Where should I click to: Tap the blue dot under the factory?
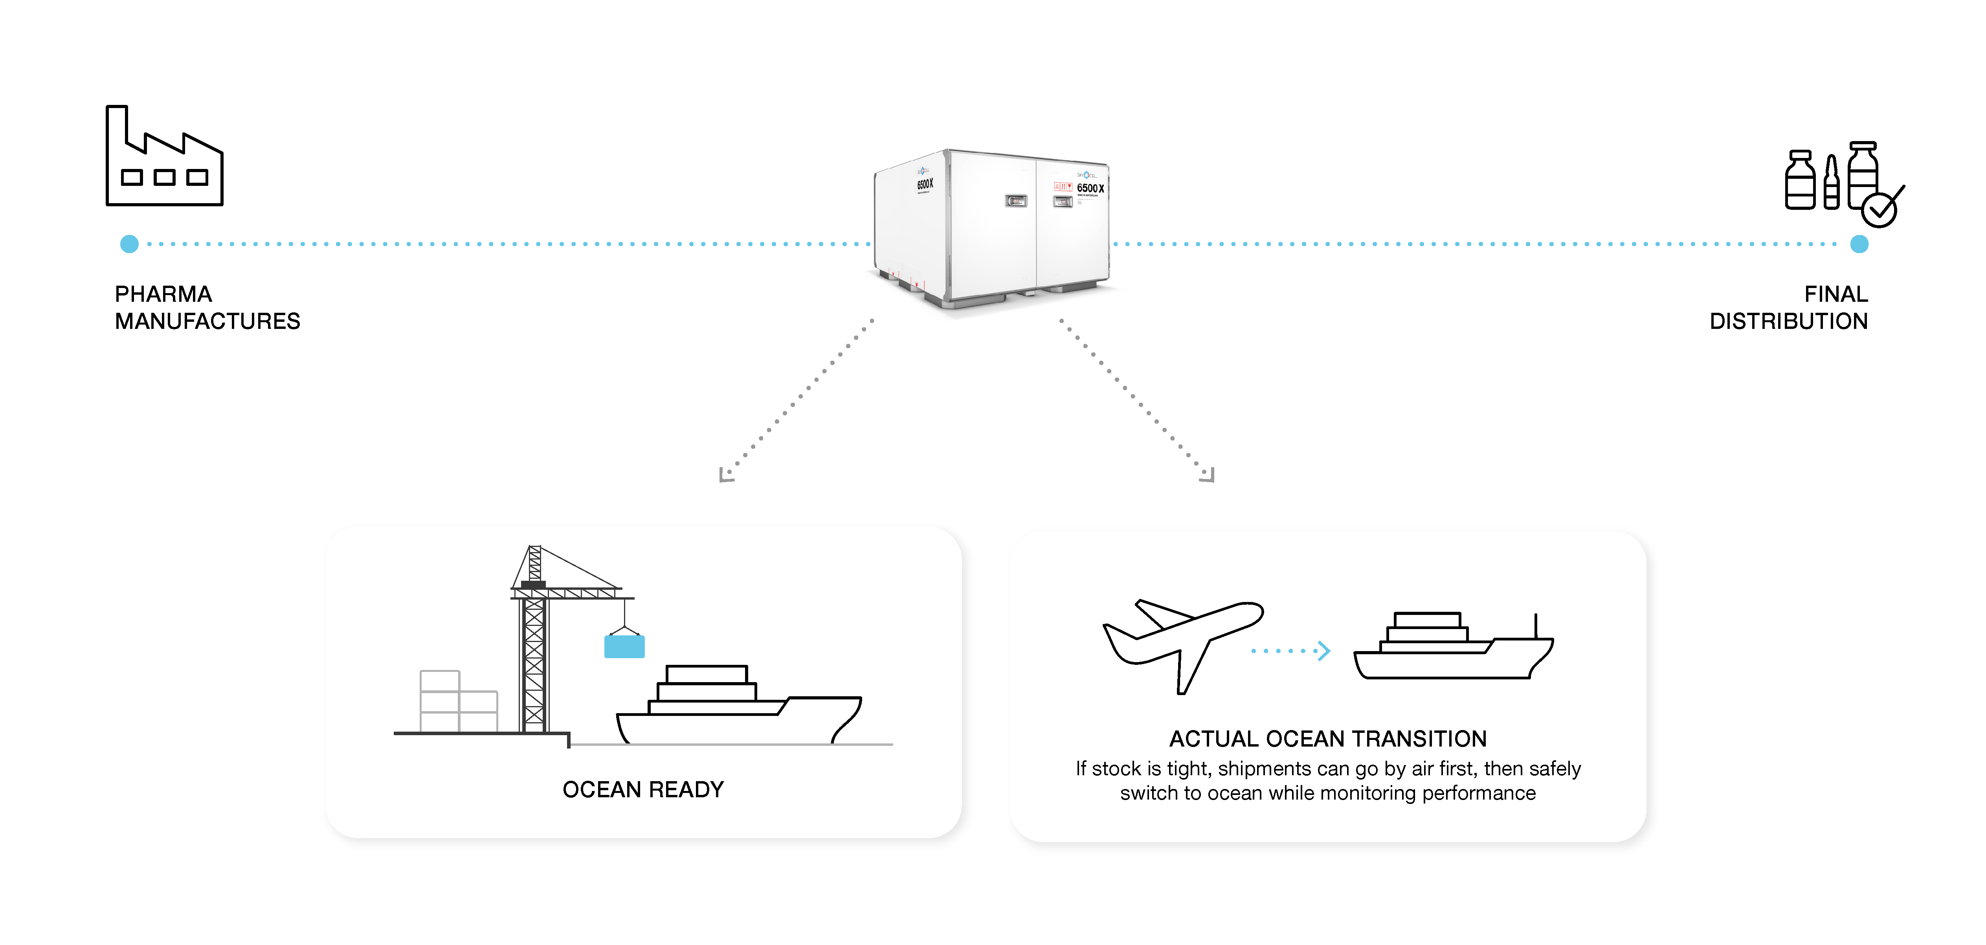pos(130,244)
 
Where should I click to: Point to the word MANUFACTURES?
pos(207,321)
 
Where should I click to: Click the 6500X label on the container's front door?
pos(1090,188)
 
